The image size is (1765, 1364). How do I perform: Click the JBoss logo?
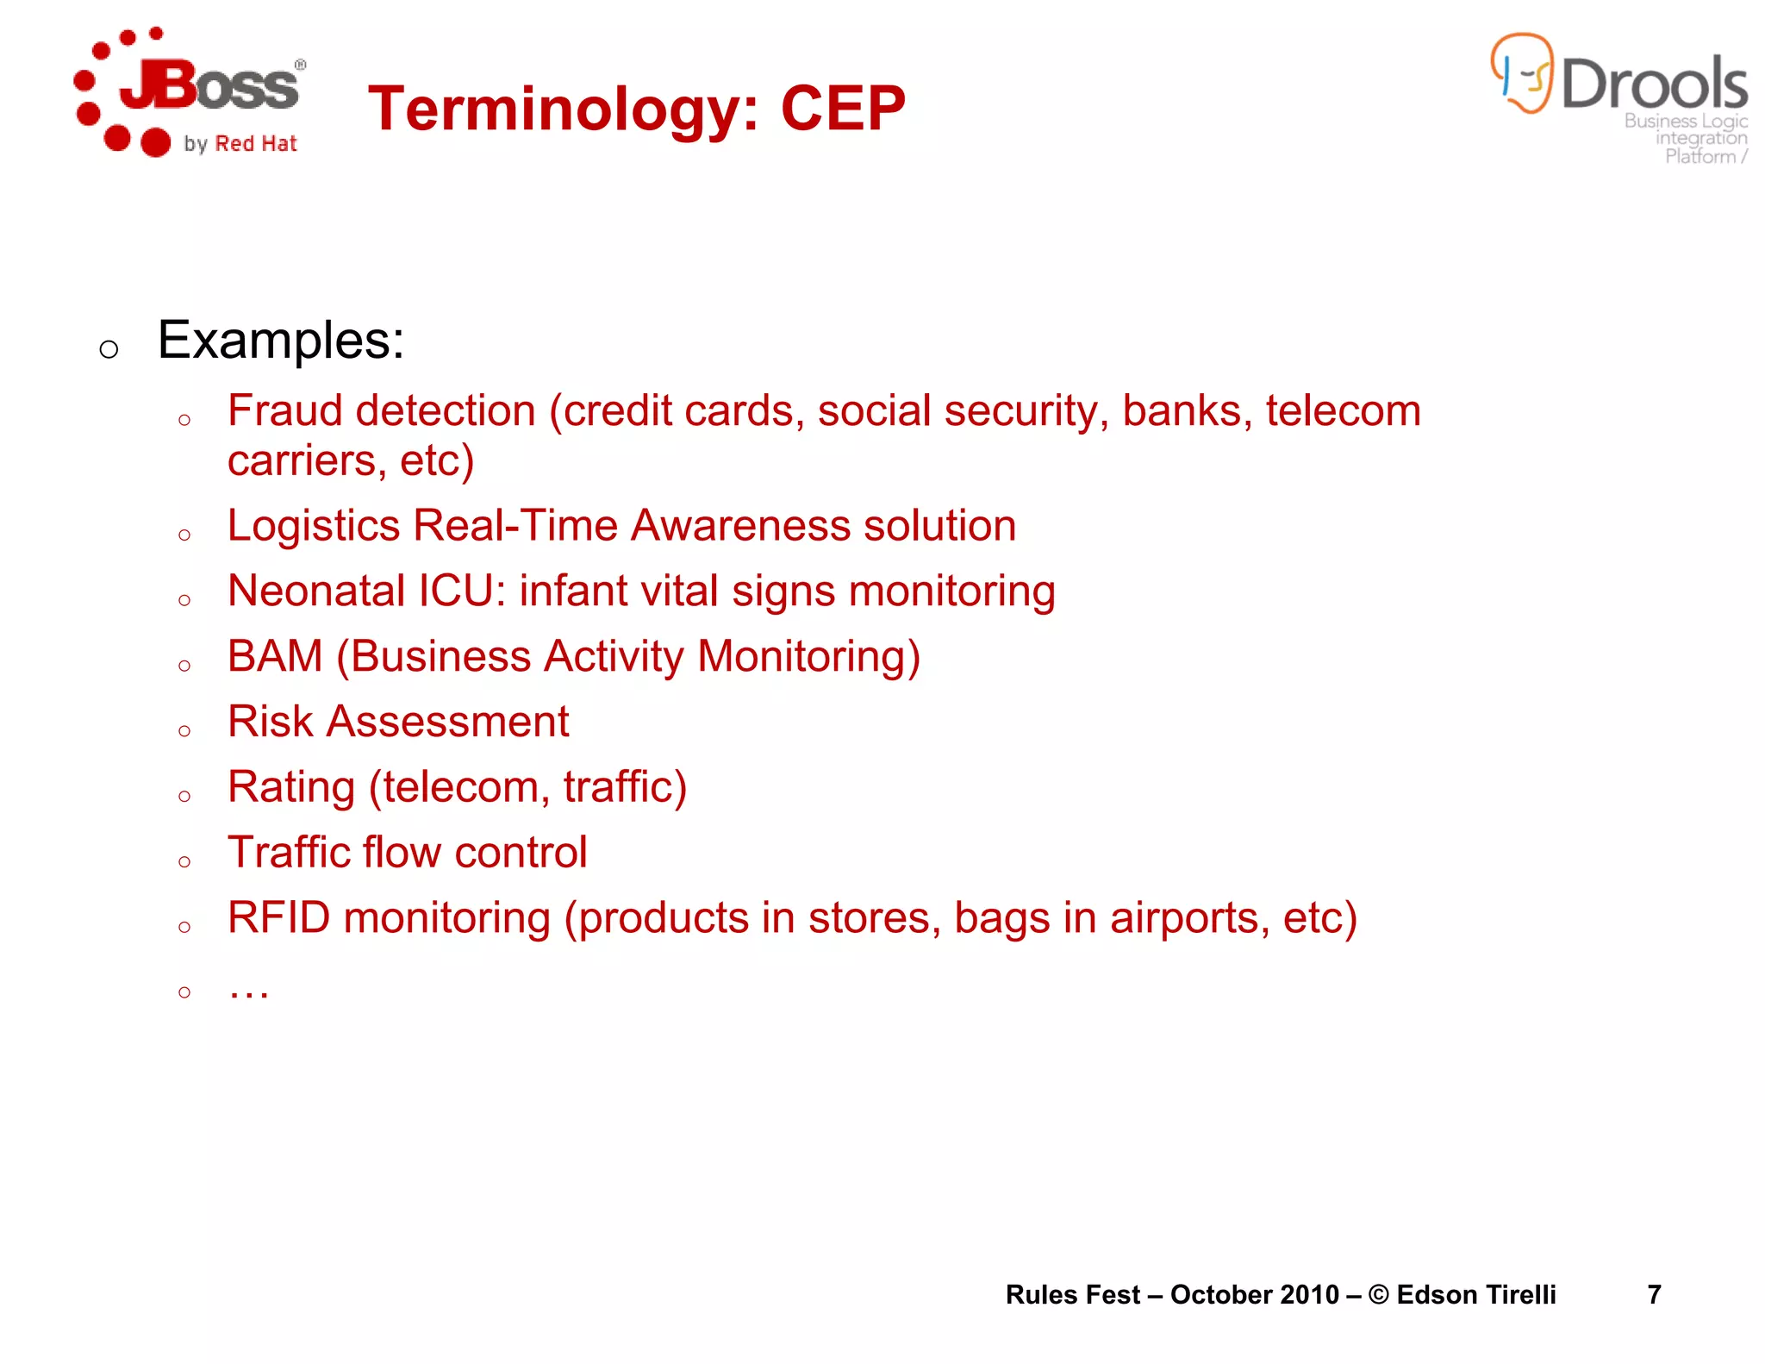pos(190,93)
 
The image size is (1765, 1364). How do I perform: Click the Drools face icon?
pos(1522,73)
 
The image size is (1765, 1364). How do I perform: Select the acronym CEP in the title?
pos(843,109)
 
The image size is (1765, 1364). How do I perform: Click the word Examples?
pos(281,341)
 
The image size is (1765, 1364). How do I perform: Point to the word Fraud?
pos(284,410)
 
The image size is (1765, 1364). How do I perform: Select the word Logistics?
pos(314,526)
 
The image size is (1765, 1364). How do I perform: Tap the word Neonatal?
pos(316,591)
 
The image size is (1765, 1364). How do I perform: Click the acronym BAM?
pos(275,656)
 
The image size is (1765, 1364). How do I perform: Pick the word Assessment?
pos(447,722)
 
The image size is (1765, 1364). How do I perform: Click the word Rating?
pos(291,787)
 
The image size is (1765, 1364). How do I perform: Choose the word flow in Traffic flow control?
pos(402,853)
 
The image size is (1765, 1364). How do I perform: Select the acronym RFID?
pos(278,917)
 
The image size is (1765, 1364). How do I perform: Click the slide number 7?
pos(1654,1294)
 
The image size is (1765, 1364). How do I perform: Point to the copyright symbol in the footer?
pos(1378,1294)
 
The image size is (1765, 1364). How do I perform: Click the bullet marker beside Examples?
pos(109,349)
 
